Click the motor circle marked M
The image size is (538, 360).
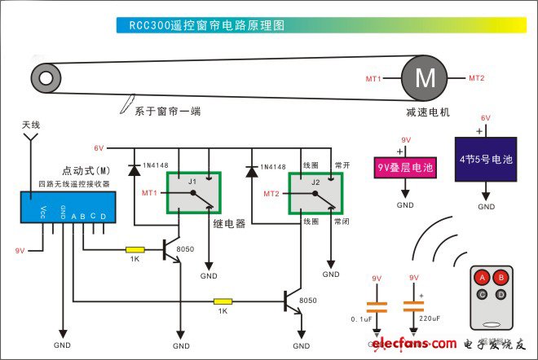426,79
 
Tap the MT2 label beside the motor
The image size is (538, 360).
477,78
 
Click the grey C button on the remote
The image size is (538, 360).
483,293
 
